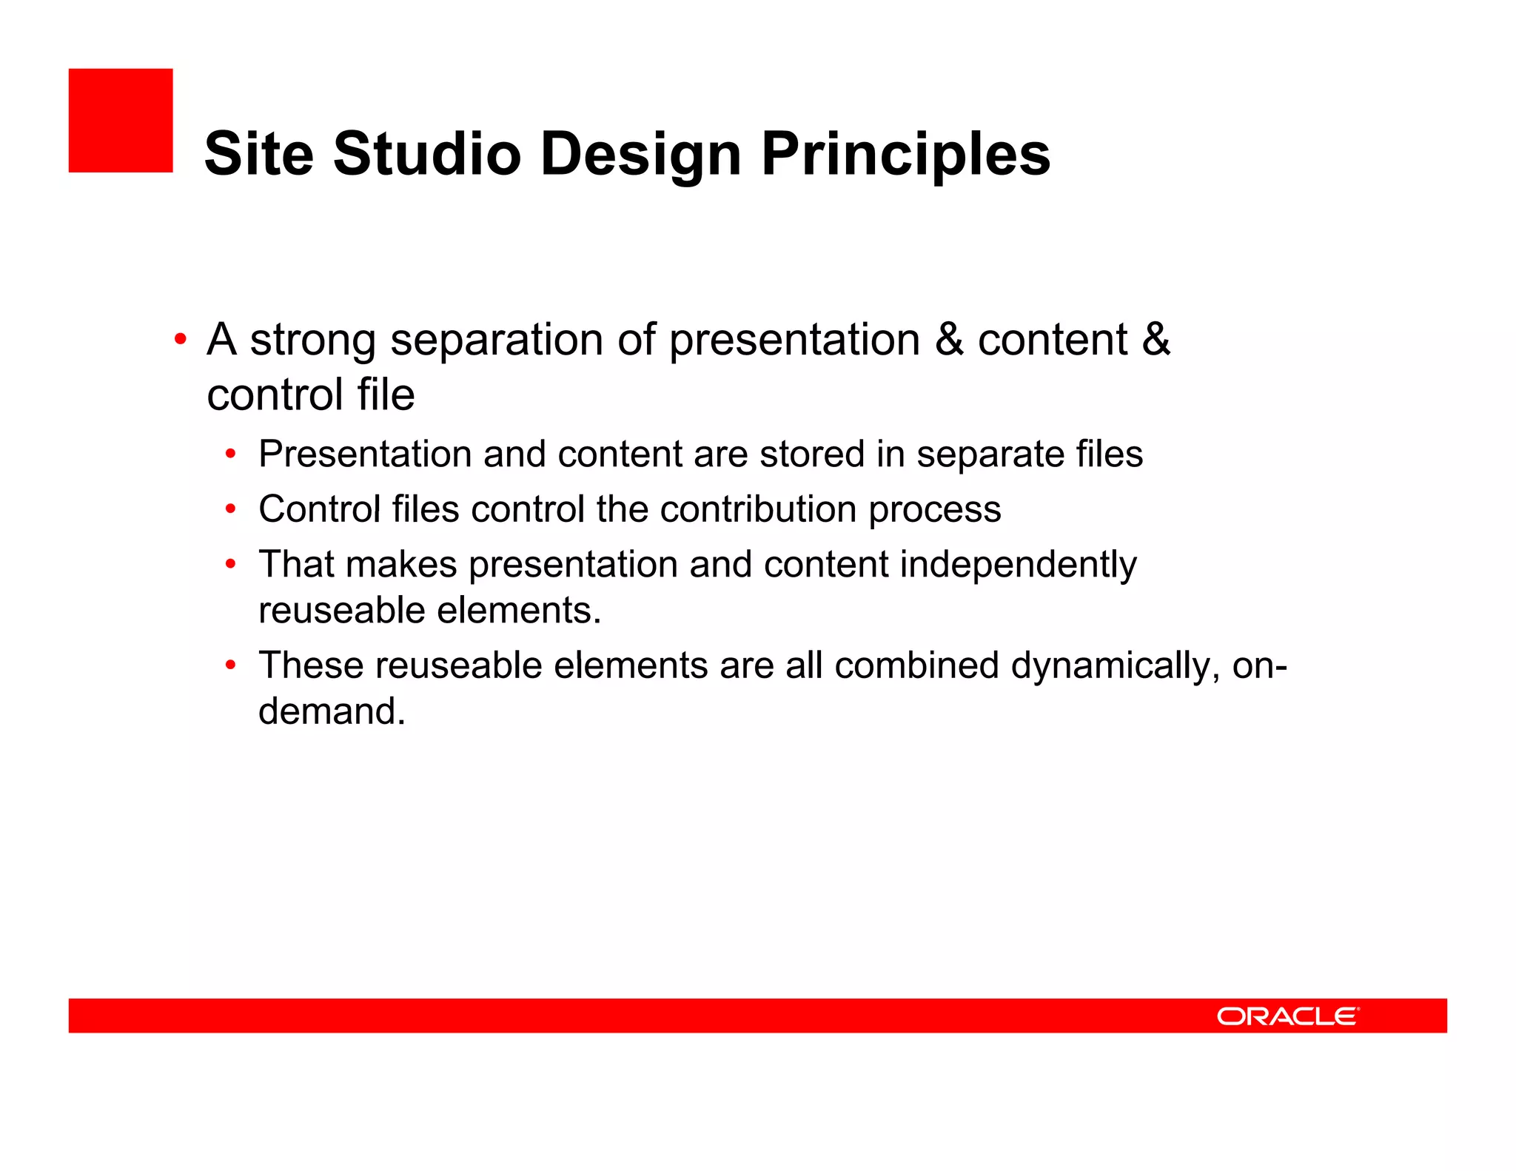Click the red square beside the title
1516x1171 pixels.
(x=121, y=121)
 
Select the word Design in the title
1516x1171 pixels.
(x=640, y=154)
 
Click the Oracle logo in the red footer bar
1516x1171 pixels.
(x=1287, y=1016)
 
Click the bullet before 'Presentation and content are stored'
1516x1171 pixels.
(x=231, y=454)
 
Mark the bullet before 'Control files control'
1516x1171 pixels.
(x=231, y=509)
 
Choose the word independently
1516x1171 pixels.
(x=1018, y=565)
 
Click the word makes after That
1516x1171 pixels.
(x=401, y=565)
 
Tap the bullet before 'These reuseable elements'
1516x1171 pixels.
(x=231, y=665)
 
